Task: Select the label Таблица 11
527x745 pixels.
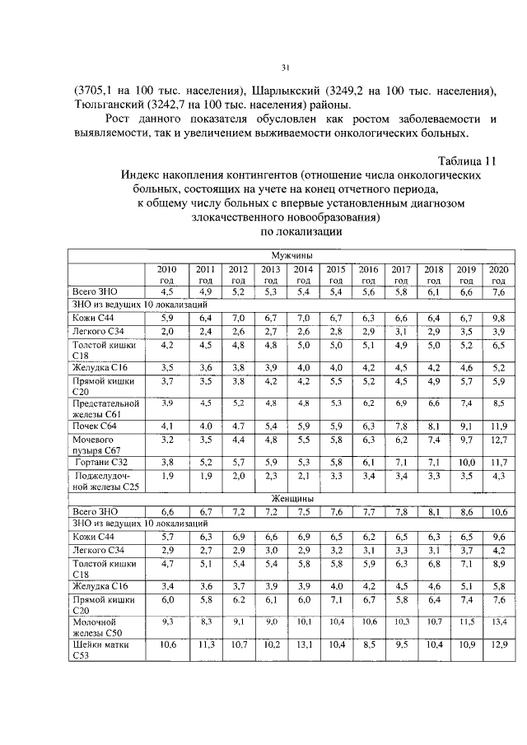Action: [x=466, y=161]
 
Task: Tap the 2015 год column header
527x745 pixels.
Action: [x=335, y=274]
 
